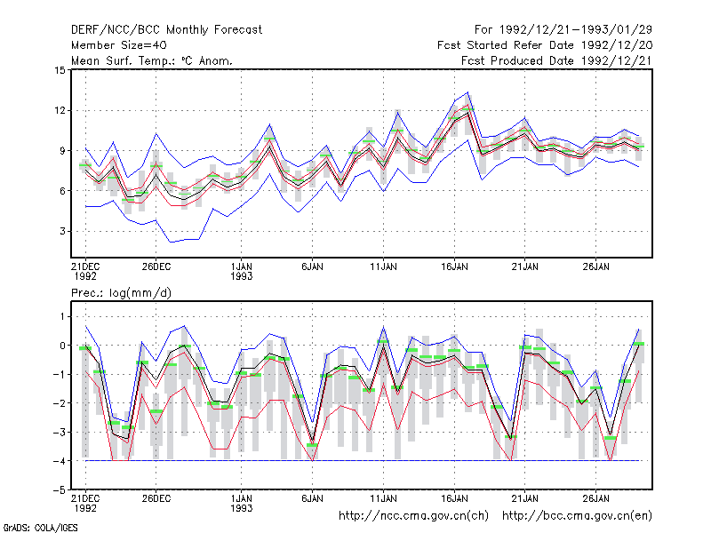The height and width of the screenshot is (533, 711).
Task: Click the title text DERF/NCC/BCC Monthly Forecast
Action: tap(166, 30)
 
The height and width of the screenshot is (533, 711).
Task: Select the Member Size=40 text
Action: tap(119, 45)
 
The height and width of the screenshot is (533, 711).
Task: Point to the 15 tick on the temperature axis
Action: tap(60, 70)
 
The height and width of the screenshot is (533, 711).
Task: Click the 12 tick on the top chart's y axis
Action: tap(60, 110)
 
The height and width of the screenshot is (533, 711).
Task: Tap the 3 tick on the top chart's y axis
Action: tap(62, 231)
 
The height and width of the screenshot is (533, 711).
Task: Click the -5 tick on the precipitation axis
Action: tap(60, 490)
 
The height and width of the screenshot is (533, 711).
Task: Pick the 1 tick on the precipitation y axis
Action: tap(62, 317)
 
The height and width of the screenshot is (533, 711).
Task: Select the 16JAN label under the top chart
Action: tap(454, 267)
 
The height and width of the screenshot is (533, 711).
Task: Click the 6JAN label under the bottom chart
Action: tap(313, 499)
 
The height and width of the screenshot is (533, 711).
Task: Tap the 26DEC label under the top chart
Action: tap(156, 267)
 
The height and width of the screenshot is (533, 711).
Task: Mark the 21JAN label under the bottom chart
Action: tap(525, 499)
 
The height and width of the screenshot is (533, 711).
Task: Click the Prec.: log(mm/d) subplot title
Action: tap(121, 293)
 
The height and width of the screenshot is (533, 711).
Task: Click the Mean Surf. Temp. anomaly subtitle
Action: tap(152, 60)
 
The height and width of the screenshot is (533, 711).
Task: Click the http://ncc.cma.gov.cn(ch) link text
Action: tap(413, 516)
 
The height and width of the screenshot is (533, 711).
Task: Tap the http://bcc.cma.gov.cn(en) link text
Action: tap(577, 516)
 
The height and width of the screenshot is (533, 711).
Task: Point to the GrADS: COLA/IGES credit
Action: tap(40, 528)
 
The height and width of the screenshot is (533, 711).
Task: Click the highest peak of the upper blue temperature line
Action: tap(468, 92)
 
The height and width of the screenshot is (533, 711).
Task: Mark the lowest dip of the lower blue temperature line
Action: tap(171, 242)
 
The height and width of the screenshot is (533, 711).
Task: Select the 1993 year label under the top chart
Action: tap(241, 276)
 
